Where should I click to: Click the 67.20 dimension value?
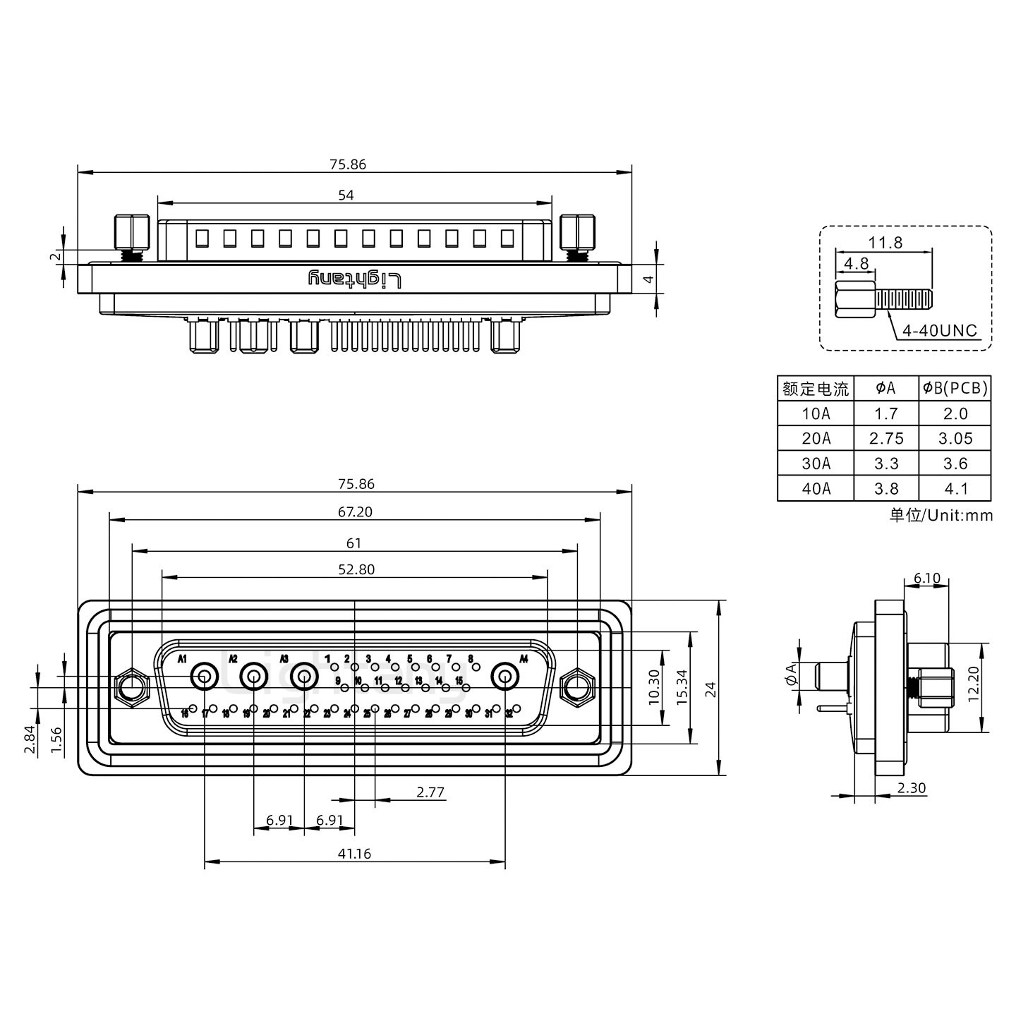355,512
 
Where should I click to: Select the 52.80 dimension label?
356,569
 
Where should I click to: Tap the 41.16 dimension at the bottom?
354,853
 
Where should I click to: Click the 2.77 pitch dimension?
430,792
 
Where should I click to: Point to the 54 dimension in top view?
346,195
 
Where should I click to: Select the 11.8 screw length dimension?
885,243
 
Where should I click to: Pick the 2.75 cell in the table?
886,438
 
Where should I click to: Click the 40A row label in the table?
816,488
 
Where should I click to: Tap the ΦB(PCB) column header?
955,387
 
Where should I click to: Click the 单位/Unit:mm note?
941,515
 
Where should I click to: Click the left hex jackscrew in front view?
131,686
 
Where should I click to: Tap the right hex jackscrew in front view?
577,686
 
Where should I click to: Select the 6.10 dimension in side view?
926,579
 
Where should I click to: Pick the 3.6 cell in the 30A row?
955,464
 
